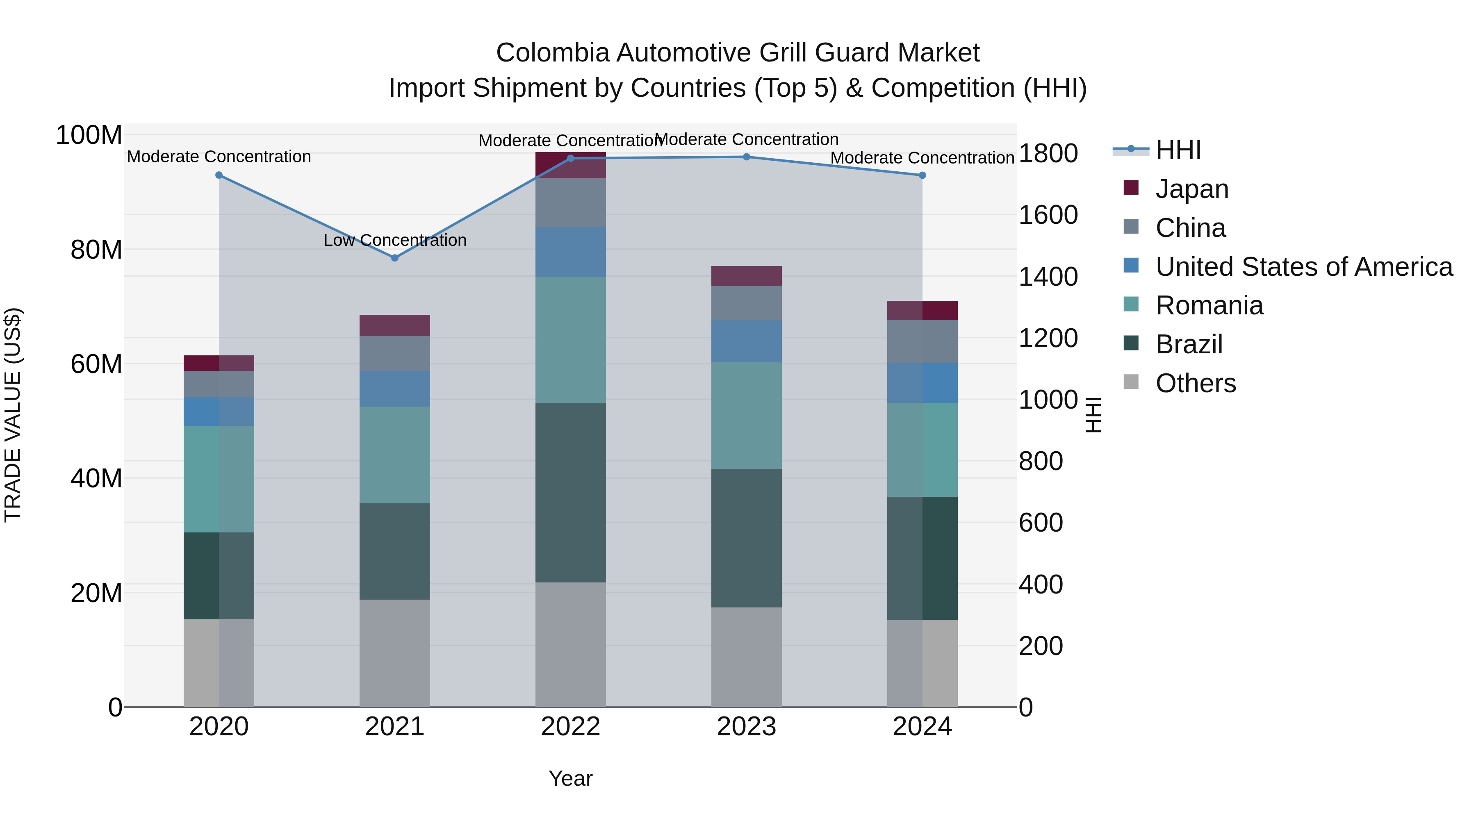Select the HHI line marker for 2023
(746, 157)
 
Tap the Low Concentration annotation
(395, 240)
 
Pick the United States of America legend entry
(1303, 267)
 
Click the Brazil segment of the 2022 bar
(570, 493)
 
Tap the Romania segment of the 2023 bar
(746, 415)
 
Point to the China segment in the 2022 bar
(570, 203)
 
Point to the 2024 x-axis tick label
(922, 727)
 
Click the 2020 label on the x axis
(219, 727)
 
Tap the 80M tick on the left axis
(96, 250)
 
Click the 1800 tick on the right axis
(1048, 154)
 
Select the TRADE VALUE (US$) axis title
(13, 415)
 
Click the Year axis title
(570, 778)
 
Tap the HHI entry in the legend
(1178, 150)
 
